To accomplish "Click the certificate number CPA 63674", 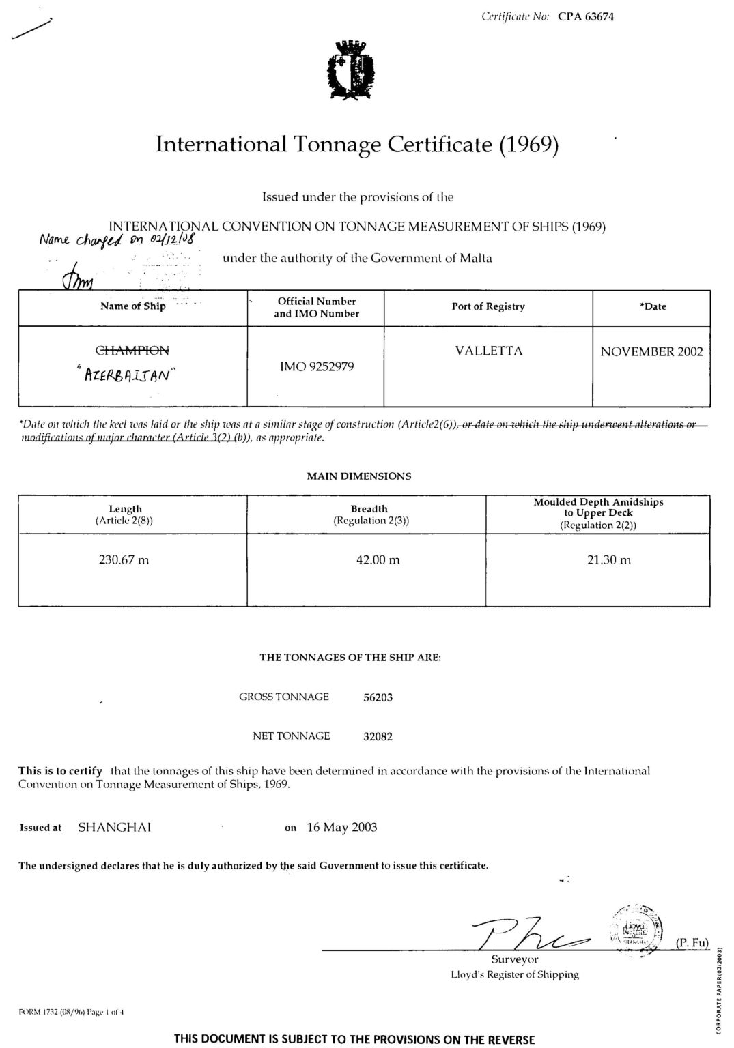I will point(585,17).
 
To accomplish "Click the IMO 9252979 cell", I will point(316,367).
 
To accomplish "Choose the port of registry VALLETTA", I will point(488,351).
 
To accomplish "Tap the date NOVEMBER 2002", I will point(651,352).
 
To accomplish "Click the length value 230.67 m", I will point(124,560).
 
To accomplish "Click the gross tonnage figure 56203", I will point(378,697).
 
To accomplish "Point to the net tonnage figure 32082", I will point(378,736).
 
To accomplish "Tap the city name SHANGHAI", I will point(115,828).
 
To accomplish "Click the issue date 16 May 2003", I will point(341,828).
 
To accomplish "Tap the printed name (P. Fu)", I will point(692,942).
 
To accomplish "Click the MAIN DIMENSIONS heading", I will point(359,476).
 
